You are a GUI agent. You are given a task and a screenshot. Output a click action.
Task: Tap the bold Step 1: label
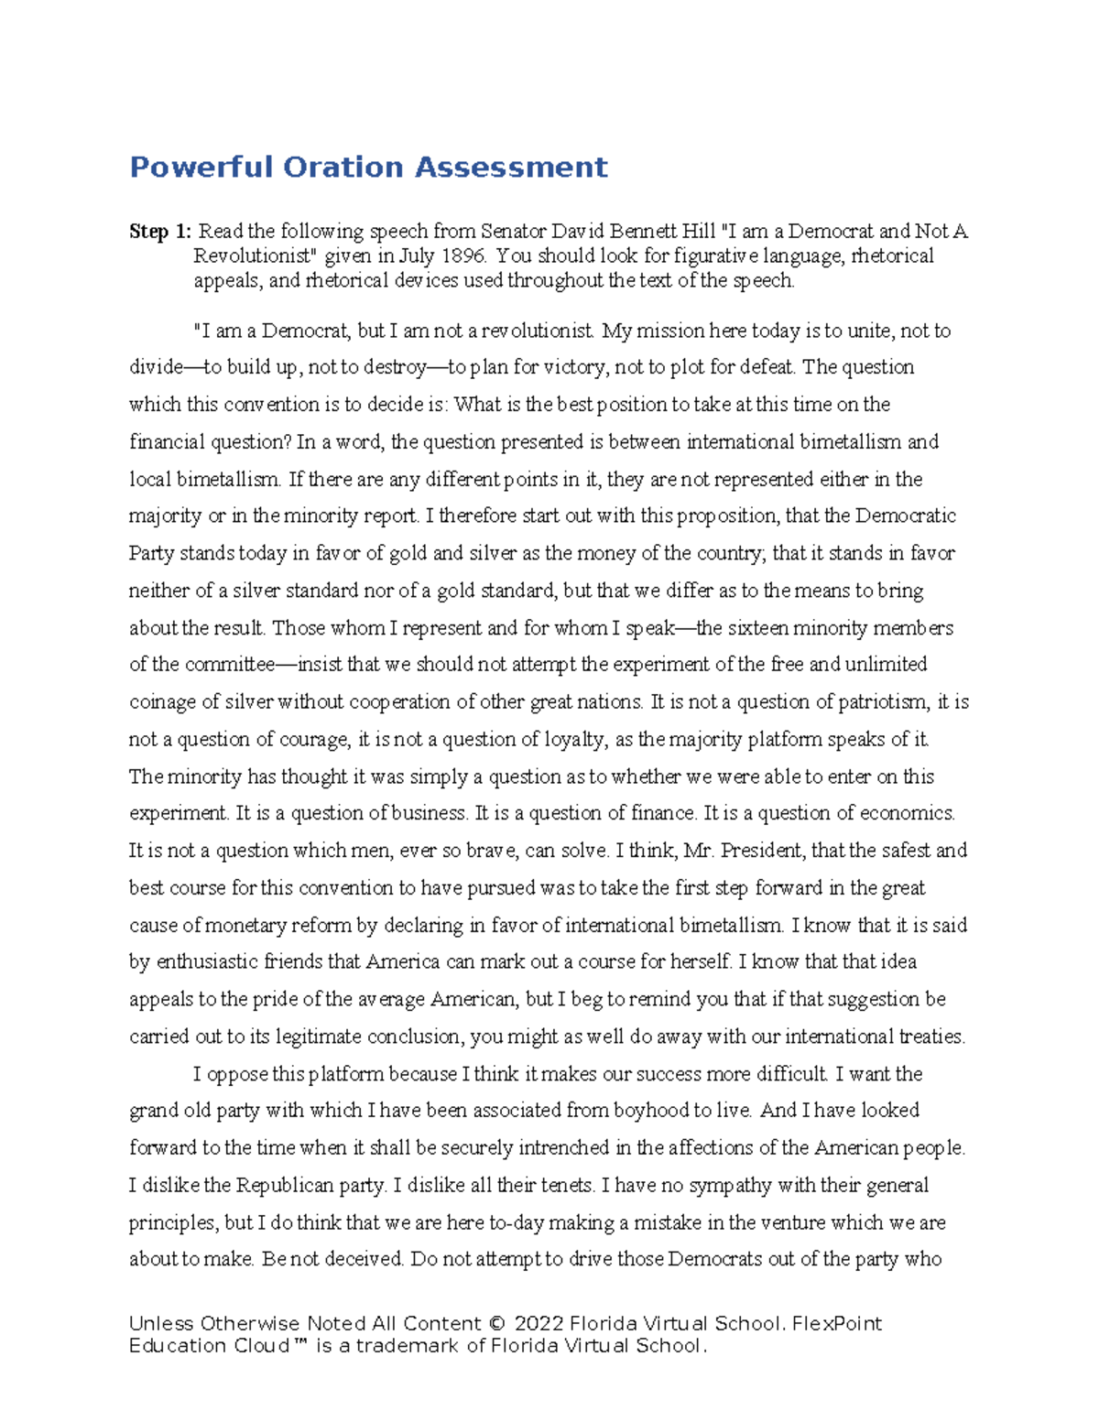pos(160,232)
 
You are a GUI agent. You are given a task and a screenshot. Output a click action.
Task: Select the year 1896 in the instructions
pos(464,256)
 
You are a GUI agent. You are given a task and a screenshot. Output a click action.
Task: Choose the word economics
pos(908,813)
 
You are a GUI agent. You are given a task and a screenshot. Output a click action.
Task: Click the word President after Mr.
pos(763,851)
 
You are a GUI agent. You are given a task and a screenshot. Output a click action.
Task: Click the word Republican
pos(285,1186)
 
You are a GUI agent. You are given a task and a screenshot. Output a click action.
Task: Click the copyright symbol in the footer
pos(496,1324)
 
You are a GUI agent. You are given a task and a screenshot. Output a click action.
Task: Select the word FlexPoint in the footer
pos(837,1324)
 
